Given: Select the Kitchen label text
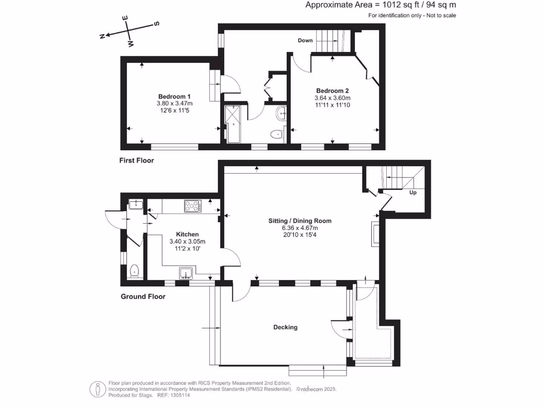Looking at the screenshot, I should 188,234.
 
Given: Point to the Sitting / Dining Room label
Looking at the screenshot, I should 300,220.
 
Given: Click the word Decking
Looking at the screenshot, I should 285,327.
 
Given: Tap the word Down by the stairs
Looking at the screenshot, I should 305,40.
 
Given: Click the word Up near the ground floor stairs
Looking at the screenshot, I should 413,192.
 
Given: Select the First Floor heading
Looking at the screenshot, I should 136,160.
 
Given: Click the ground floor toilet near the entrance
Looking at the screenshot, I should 135,271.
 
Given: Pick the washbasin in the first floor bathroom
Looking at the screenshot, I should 282,113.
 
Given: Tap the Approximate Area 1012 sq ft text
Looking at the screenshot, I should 381,5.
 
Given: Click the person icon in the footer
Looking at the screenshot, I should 97,389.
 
